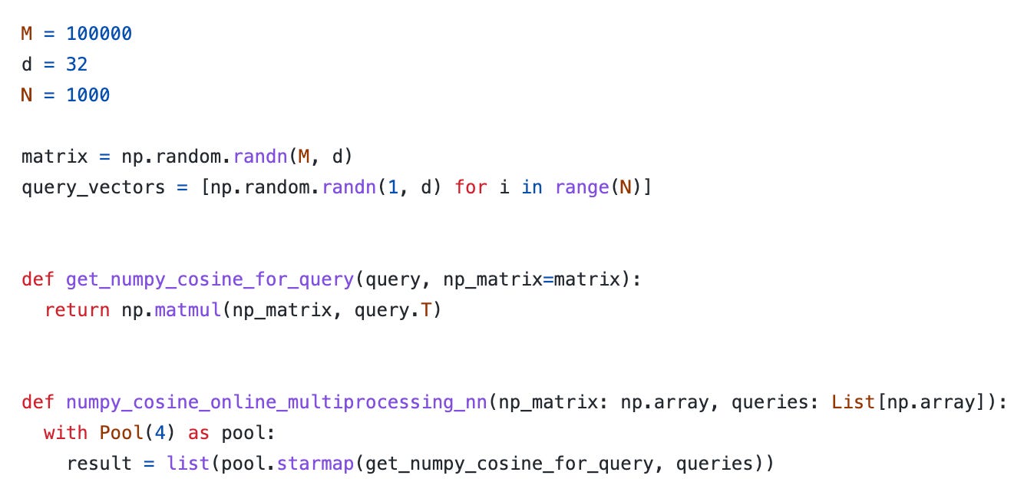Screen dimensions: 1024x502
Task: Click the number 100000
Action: [99, 34]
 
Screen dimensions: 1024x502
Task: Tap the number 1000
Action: [88, 95]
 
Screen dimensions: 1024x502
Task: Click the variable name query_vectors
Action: [94, 187]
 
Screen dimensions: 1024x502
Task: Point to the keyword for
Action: [471, 187]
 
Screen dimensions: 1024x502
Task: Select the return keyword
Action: [77, 310]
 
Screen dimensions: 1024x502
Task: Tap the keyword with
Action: [66, 433]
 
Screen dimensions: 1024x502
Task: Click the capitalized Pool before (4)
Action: [121, 433]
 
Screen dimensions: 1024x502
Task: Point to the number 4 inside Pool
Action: [154, 433]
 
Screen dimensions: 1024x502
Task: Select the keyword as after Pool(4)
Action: [199, 433]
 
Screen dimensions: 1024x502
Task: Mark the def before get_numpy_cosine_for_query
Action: [38, 279]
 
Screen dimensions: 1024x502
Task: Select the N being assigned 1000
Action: [28, 95]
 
